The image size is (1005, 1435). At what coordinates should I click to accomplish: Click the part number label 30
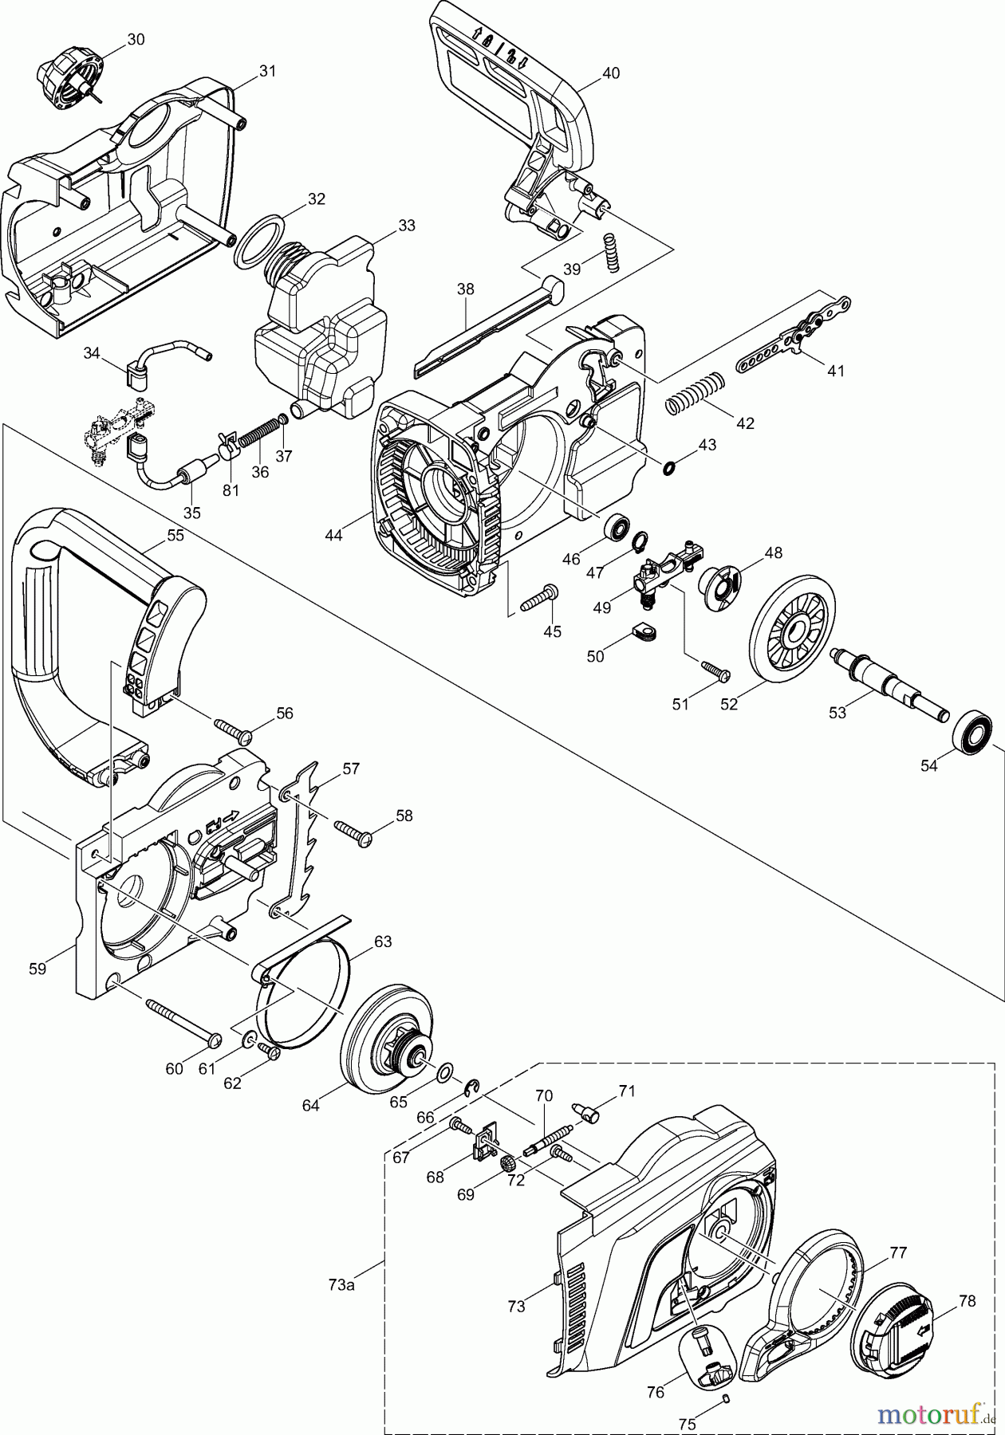(136, 39)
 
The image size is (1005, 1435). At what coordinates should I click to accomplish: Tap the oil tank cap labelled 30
(69, 80)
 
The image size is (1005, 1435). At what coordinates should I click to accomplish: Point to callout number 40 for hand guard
(610, 73)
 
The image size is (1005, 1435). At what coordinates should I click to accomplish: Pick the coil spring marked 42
(695, 392)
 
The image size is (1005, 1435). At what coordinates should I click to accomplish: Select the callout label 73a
(341, 1284)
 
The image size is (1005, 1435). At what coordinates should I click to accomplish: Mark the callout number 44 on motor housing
(333, 536)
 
